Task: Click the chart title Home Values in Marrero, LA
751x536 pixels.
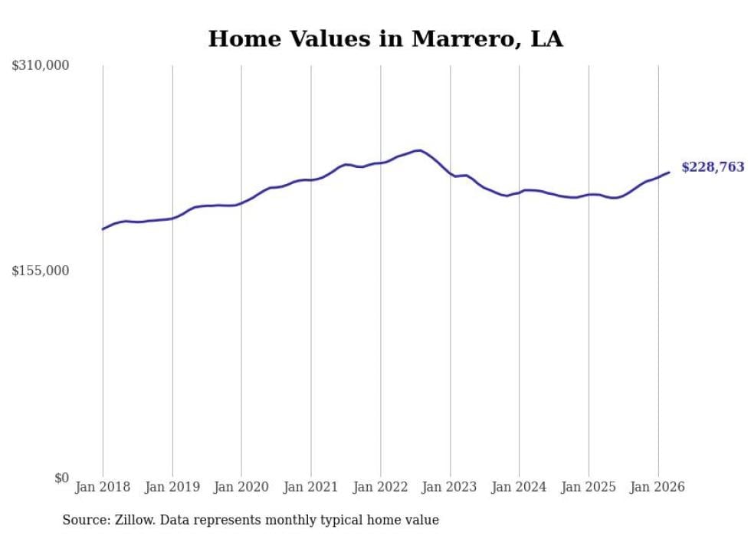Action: tap(385, 39)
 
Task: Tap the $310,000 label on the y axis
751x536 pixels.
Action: tap(41, 66)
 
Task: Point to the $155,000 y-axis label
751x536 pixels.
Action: tap(41, 271)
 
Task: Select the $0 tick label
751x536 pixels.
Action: tap(60, 478)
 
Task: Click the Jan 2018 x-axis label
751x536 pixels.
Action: tap(103, 487)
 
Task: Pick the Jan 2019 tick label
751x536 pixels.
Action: tap(172, 487)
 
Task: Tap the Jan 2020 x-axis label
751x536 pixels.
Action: tap(241, 487)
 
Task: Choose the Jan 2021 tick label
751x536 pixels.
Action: tap(311, 487)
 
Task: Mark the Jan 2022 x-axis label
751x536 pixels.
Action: tap(381, 487)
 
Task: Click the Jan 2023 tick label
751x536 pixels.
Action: tap(450, 487)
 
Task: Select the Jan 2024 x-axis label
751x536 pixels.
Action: tap(520, 487)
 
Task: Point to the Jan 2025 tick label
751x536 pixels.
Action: tap(589, 487)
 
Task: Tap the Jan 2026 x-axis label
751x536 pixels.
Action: tap(658, 487)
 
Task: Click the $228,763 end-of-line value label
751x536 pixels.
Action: tap(712, 167)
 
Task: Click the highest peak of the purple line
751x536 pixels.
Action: tap(418, 150)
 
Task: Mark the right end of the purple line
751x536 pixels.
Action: tap(669, 172)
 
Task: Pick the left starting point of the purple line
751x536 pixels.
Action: tap(103, 229)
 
